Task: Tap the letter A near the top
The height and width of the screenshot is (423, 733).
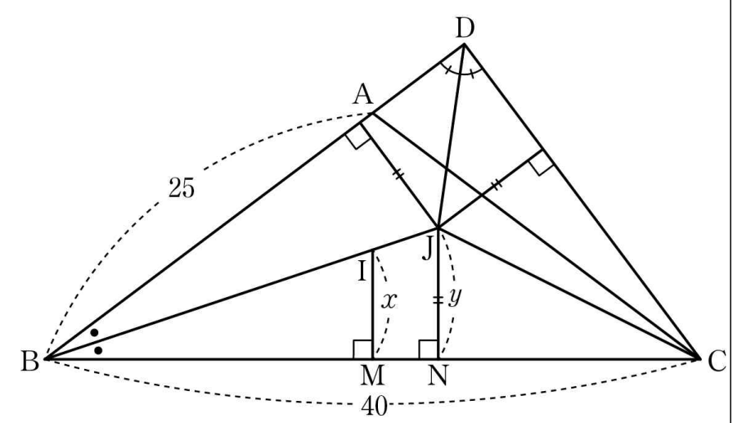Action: point(363,96)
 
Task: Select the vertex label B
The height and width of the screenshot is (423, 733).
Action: point(29,362)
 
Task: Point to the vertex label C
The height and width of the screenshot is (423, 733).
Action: point(717,362)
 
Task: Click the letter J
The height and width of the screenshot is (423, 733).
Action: point(427,250)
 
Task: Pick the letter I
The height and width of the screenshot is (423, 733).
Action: point(362,272)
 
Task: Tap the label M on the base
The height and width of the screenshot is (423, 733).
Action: point(372,376)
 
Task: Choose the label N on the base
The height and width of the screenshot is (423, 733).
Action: point(438,376)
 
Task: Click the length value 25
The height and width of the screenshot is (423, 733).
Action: point(182,188)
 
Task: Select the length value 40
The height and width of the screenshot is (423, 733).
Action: point(375,407)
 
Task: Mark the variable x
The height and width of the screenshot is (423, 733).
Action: point(389,301)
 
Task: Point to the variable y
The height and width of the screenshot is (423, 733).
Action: point(454,298)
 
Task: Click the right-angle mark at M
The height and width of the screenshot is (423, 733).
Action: point(362,349)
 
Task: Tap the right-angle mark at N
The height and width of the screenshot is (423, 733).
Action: point(428,349)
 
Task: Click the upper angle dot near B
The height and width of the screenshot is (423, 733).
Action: point(94,333)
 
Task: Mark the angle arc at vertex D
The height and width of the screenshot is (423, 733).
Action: point(461,73)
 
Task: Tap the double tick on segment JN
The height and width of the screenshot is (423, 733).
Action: point(438,300)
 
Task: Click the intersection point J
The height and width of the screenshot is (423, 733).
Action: point(438,227)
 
